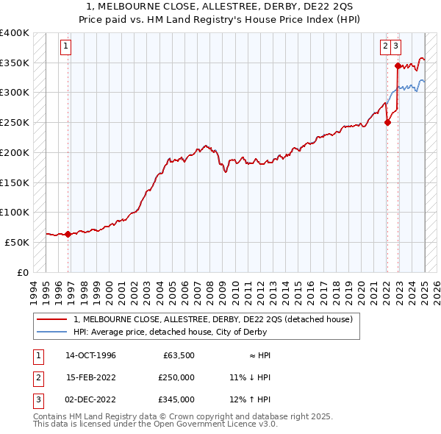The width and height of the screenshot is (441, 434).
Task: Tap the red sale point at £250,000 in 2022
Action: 387,123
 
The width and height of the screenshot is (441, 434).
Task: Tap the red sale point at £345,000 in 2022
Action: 398,65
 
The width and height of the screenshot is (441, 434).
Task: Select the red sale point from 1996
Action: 68,235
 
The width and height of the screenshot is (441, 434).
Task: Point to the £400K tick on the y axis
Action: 15,33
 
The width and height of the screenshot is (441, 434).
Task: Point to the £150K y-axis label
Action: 15,182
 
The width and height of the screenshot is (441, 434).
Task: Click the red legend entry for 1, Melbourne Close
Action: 213,319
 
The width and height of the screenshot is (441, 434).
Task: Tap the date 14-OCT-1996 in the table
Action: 90,355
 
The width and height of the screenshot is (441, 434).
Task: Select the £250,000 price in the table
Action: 176,377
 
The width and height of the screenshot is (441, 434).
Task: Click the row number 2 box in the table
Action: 37,377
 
